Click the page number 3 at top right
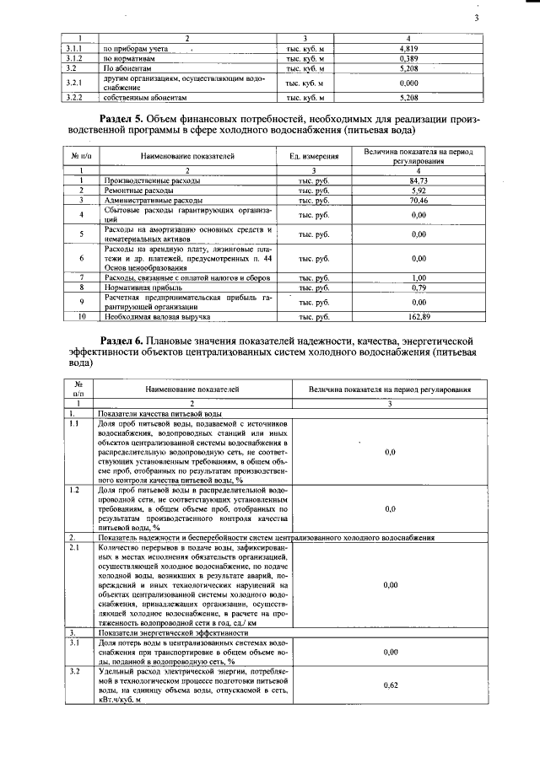click(477, 19)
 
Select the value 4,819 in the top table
click(408, 50)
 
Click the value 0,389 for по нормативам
click(408, 59)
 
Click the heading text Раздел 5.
click(127, 120)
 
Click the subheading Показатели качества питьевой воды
click(159, 415)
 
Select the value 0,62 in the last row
click(390, 685)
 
